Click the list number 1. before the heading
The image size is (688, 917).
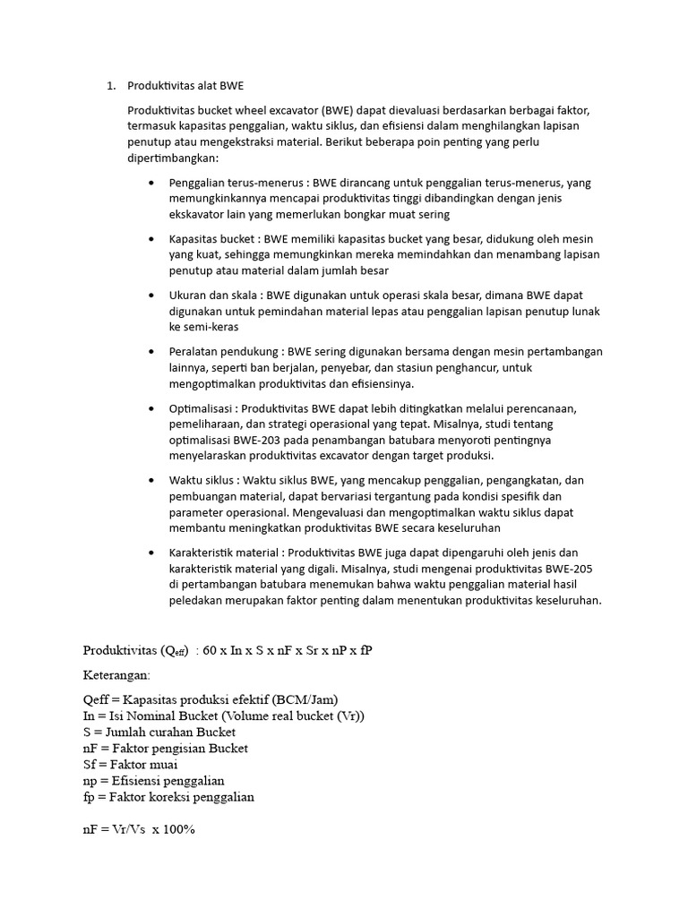click(x=111, y=86)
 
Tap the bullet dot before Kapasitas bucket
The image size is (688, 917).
click(x=150, y=239)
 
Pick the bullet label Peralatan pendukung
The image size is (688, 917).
click(x=221, y=351)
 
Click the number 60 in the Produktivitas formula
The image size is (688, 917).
click(x=211, y=650)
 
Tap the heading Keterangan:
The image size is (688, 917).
click(x=117, y=675)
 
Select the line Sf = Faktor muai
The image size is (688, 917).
click(x=129, y=765)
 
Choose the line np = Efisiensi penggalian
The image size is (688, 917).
click(x=152, y=781)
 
